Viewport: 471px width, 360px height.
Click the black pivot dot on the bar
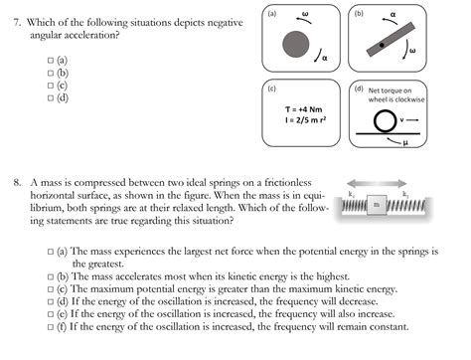point(381,46)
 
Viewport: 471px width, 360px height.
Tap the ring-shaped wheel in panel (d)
point(389,122)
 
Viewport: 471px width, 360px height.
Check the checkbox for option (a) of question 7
point(50,62)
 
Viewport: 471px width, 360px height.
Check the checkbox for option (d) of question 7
point(50,98)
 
